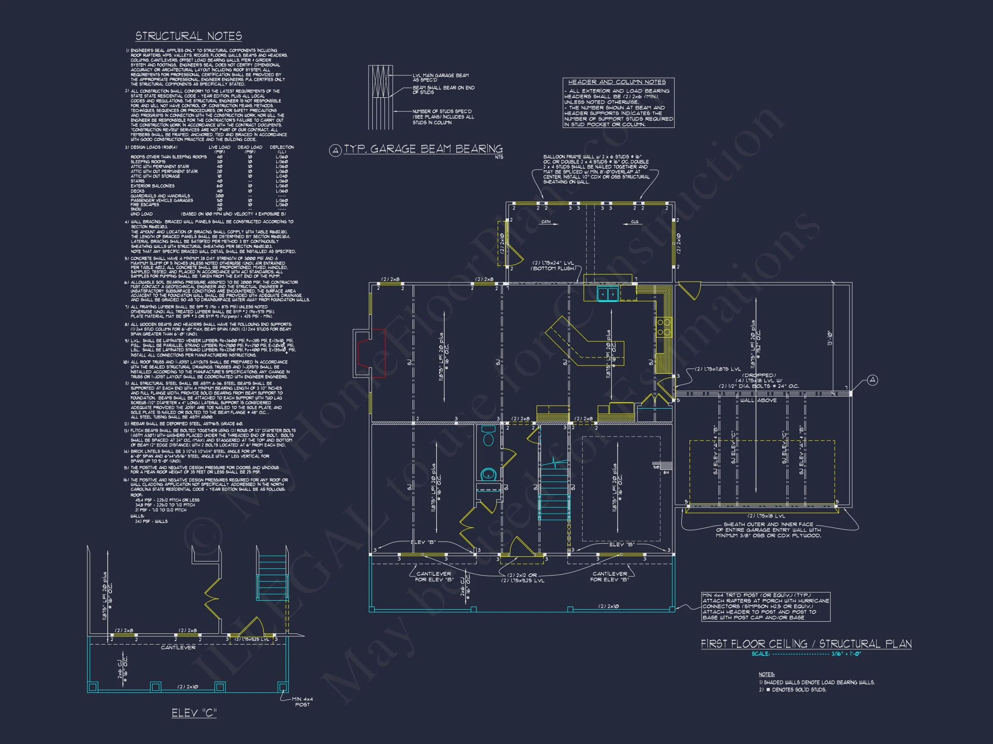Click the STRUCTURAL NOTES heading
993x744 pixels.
[188, 36]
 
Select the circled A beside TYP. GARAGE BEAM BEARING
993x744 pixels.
[335, 151]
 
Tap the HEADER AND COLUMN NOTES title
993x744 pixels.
[617, 82]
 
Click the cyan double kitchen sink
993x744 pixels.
[608, 294]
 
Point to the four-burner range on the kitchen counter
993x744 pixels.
[664, 326]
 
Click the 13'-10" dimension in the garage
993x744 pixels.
[830, 338]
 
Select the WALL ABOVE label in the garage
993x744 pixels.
[758, 400]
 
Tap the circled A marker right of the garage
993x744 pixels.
[872, 380]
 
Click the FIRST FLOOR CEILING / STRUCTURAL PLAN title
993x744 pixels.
[806, 644]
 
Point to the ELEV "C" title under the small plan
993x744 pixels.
[194, 713]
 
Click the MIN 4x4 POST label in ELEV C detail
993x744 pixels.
[302, 702]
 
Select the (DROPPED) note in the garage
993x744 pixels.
[759, 375]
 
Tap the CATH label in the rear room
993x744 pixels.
[546, 222]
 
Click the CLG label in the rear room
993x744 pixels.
[634, 222]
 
